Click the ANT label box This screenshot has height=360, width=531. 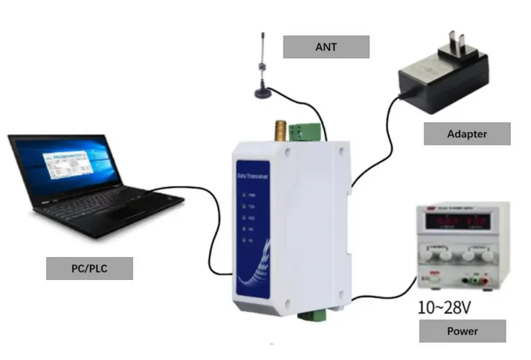pyautogui.click(x=326, y=47)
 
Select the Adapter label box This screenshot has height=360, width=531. pyautogui.click(x=466, y=133)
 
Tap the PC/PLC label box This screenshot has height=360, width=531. pyautogui.click(x=89, y=268)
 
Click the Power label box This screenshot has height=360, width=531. pyautogui.click(x=462, y=331)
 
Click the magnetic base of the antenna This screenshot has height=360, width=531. pyautogui.click(x=263, y=92)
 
